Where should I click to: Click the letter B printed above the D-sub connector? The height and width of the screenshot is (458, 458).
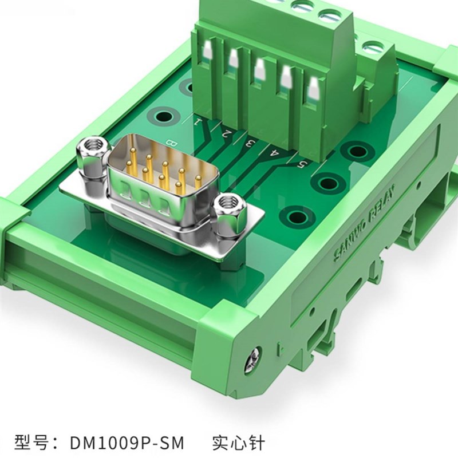[169, 139]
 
